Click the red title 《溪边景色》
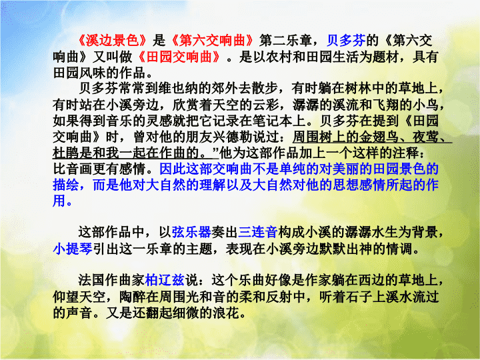click(x=113, y=41)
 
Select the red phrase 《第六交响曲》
click(x=212, y=41)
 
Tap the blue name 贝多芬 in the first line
click(x=346, y=41)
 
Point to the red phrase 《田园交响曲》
click(x=179, y=57)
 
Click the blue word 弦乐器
click(x=191, y=232)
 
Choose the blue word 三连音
click(x=258, y=232)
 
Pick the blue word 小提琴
click(x=73, y=249)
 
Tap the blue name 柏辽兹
click(x=165, y=280)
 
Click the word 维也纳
click(x=178, y=89)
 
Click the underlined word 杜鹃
click(x=66, y=153)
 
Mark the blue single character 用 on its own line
click(x=59, y=201)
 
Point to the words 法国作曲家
click(x=111, y=280)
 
